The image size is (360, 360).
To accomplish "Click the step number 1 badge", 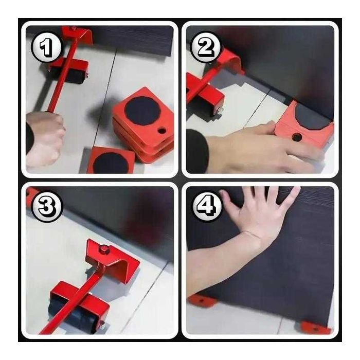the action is pyautogui.click(x=46, y=47).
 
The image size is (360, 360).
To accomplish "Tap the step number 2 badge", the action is pyautogui.click(x=206, y=47).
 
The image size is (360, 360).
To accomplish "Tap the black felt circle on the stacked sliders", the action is pyautogui.click(x=142, y=111).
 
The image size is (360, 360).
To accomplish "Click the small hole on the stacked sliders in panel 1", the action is pyautogui.click(x=162, y=131).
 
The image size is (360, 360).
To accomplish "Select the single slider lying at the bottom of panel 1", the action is pyautogui.click(x=111, y=160).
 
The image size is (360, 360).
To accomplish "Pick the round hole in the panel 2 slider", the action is pyautogui.click(x=297, y=137).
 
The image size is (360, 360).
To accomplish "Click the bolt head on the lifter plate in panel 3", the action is pyautogui.click(x=104, y=249).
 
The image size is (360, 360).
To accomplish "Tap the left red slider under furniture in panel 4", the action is pyautogui.click(x=202, y=300).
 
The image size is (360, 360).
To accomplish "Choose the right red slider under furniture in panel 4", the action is pyautogui.click(x=316, y=328).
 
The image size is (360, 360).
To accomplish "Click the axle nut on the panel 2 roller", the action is pyautogui.click(x=220, y=111).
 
